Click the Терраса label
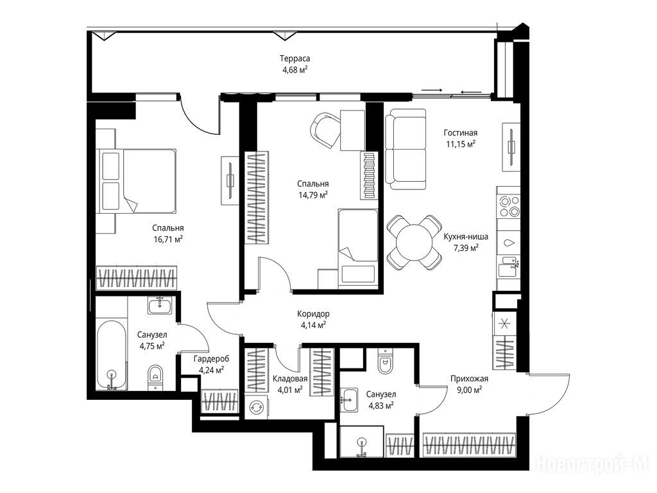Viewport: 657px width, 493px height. click(295, 58)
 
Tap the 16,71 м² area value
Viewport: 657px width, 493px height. click(168, 239)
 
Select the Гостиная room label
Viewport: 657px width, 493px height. click(461, 133)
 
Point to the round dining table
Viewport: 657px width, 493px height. click(414, 243)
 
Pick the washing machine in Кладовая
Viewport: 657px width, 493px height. click(256, 406)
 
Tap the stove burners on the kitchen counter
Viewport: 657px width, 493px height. click(509, 206)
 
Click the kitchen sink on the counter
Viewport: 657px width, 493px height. click(508, 266)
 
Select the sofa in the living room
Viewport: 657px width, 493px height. click(405, 149)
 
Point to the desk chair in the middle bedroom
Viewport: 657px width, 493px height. click(325, 130)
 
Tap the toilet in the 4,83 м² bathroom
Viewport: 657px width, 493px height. click(384, 362)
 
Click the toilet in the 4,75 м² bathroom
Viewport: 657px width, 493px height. click(155, 377)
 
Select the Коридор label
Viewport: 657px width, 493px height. click(313, 313)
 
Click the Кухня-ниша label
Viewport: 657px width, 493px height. click(466, 236)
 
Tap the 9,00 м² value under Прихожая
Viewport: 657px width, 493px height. click(469, 390)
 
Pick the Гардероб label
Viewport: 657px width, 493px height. click(212, 359)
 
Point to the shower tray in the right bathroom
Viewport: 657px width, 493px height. click(362, 442)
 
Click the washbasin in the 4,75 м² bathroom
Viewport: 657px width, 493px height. click(159, 305)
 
